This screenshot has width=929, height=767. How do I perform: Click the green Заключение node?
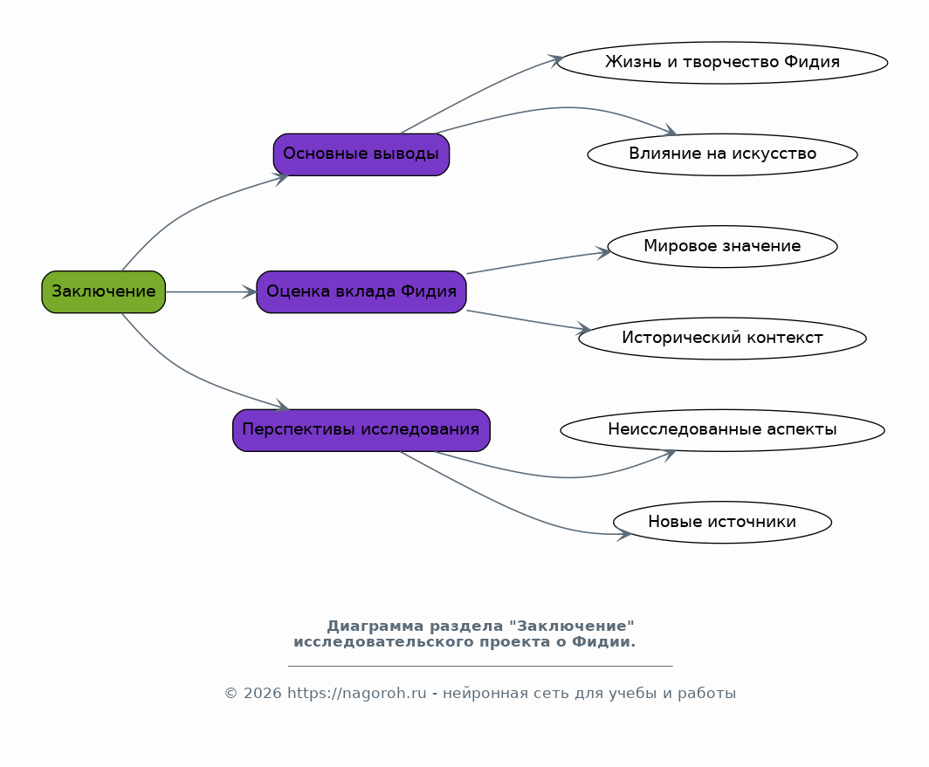tap(104, 292)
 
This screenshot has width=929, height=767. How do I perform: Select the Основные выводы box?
tap(361, 154)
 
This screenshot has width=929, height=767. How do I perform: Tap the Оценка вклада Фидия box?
tap(361, 292)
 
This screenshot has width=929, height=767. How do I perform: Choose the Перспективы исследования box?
tap(361, 430)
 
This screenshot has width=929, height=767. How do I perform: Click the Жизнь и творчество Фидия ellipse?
tap(722, 62)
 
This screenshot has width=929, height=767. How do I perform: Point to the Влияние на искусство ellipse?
tap(722, 154)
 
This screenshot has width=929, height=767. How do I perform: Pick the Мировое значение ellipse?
tap(722, 246)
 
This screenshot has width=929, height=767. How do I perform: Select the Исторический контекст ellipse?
tap(722, 339)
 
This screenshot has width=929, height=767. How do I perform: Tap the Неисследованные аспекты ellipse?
tap(722, 430)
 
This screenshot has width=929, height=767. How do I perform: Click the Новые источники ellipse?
tap(722, 522)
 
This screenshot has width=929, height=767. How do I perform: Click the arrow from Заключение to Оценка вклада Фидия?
tap(211, 292)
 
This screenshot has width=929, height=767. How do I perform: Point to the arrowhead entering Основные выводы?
tap(280, 179)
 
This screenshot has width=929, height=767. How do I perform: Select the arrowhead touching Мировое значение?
tap(603, 253)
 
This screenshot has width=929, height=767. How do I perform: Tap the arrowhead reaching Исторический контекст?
tap(583, 329)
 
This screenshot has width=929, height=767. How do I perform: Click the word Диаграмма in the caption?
tap(375, 626)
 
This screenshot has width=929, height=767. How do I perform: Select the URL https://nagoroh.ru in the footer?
tap(356, 693)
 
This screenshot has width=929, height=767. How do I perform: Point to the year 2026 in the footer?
tap(262, 693)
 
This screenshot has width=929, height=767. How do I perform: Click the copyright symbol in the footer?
tap(231, 693)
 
